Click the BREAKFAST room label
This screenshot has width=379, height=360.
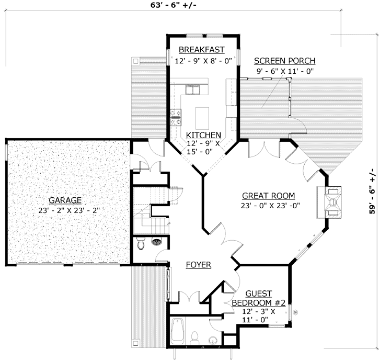click(x=201, y=50)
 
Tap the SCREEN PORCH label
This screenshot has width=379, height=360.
click(x=284, y=60)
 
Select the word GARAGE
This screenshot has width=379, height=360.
click(x=65, y=200)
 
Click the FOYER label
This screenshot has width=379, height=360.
click(x=198, y=265)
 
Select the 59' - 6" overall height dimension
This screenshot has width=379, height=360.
click(x=372, y=190)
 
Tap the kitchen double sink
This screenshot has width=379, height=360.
click(x=193, y=91)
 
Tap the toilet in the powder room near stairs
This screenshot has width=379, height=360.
click(x=140, y=243)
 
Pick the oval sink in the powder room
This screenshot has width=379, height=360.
click(x=156, y=242)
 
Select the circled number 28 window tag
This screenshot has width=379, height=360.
click(x=295, y=313)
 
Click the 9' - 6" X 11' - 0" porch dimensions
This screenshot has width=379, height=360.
click(x=284, y=71)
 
